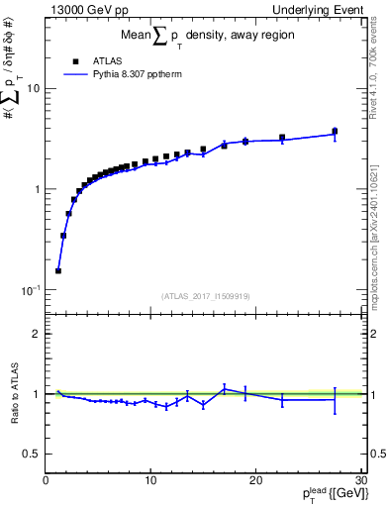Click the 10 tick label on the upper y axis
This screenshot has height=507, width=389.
[33, 88]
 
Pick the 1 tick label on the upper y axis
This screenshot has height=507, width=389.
[36, 189]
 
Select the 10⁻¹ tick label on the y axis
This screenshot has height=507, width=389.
[30, 289]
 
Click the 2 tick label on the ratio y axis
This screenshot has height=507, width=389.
[36, 334]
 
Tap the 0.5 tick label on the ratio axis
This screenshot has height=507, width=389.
[32, 454]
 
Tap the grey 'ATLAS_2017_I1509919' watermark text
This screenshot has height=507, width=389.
[204, 296]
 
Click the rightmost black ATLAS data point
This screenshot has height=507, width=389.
[335, 131]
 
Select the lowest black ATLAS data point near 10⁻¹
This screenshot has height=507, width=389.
[58, 270]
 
